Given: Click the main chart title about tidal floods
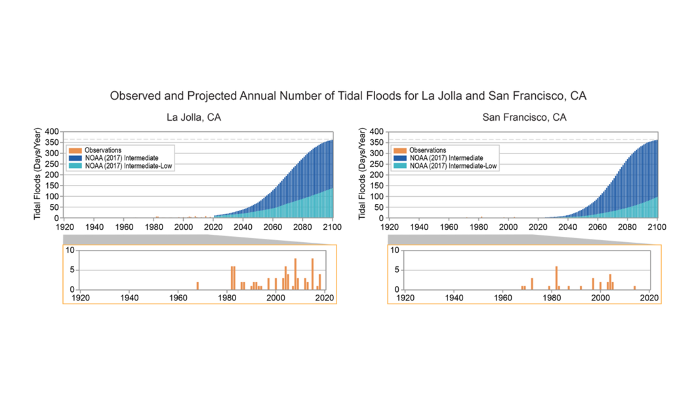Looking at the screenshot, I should coord(348,96).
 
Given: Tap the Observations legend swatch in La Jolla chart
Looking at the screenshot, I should coord(73,150).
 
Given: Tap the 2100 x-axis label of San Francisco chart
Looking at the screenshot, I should coord(657,227).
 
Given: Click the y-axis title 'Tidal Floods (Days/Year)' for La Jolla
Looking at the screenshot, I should coord(37,175).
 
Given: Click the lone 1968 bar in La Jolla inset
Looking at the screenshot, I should coord(197,285).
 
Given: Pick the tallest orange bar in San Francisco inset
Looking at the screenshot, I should coord(556,277).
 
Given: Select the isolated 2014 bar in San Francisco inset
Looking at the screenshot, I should coord(634,287).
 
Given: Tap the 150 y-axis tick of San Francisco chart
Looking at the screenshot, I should coord(378,186).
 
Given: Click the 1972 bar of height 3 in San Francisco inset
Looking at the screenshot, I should coord(532,283).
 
